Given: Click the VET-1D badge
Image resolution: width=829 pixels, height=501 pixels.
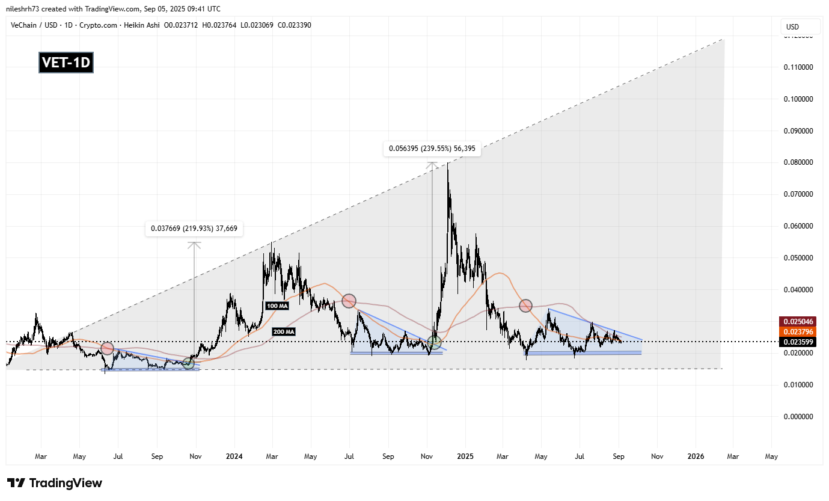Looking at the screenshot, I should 66,62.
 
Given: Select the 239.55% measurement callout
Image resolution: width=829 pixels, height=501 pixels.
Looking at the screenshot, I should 432,149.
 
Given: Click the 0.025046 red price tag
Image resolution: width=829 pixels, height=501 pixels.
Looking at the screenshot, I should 799,321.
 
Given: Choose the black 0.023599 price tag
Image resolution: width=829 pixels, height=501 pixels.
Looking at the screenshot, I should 799,341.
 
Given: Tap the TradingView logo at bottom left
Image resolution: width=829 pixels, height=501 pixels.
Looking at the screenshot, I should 55,483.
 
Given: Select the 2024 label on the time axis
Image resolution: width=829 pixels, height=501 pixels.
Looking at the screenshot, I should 234,456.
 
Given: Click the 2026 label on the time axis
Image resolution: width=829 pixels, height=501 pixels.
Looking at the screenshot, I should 696,456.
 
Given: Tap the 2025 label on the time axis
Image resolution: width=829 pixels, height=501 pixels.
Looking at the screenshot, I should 465,456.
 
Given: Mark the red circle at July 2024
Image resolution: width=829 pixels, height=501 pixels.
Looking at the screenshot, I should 349,301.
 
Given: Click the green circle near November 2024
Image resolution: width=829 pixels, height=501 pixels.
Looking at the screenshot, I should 435,343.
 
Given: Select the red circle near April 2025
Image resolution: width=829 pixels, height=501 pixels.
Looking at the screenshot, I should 526,306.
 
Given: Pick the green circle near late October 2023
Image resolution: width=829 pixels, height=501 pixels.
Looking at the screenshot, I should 189,363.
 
